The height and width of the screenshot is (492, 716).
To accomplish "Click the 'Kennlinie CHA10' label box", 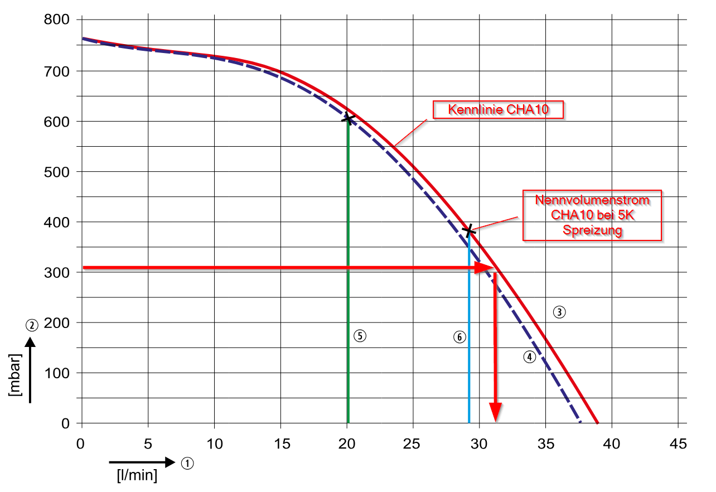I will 499,109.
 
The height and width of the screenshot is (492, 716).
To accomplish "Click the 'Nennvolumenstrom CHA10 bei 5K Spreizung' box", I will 592,215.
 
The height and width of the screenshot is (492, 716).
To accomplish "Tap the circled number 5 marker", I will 360,336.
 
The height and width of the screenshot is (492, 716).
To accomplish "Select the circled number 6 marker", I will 459,337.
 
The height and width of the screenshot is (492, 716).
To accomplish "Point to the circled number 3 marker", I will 559,312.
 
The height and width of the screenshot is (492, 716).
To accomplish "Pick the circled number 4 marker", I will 529,357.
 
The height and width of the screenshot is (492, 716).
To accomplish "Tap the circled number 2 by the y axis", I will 32,325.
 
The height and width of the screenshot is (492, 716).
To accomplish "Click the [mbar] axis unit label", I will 16,375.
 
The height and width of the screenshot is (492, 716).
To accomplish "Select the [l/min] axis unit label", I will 137,476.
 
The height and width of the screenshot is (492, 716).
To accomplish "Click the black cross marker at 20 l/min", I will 347,118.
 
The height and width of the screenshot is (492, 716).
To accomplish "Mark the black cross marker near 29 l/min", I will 469,230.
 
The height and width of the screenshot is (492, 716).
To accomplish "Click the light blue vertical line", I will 469,335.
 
